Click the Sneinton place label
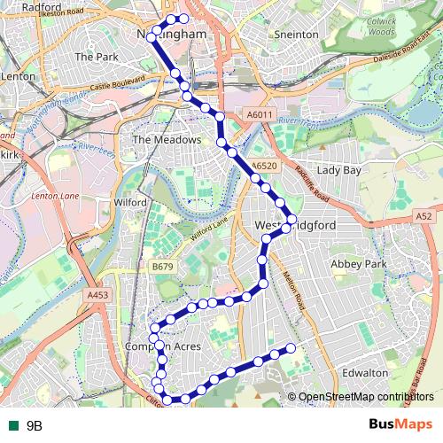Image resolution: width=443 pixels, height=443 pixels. [296, 34]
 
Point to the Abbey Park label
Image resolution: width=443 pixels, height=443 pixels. [359, 264]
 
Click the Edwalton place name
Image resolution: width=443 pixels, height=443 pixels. [365, 373]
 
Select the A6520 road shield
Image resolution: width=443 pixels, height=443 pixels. [264, 165]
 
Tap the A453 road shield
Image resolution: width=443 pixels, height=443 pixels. [97, 295]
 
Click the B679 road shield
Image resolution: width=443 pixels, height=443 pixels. [163, 266]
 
